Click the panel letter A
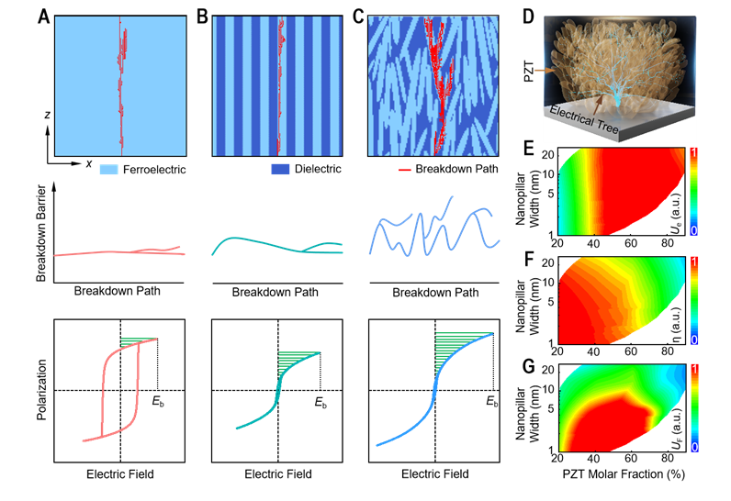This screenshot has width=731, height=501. click(x=43, y=16)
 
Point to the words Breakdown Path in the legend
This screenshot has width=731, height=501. click(x=456, y=170)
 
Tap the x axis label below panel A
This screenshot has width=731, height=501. click(x=89, y=163)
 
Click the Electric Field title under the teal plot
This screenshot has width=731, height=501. click(x=278, y=474)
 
